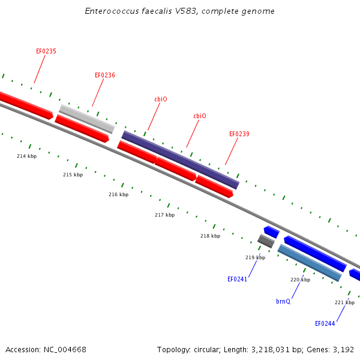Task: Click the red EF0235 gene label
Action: [46, 51]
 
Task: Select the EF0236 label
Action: [105, 76]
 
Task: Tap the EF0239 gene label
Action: [239, 134]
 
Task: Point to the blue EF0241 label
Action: [237, 279]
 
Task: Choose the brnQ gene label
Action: [283, 301]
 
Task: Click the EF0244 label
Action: [325, 324]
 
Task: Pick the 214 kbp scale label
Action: [26, 156]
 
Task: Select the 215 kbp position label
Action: [73, 175]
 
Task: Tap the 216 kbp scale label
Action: [118, 194]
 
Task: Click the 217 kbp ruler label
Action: [164, 215]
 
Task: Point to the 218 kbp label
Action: [211, 236]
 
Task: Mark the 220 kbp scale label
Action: [301, 280]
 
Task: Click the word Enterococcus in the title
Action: [112, 11]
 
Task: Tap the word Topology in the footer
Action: [173, 350]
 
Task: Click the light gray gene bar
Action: [87, 119]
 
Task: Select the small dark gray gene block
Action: [266, 241]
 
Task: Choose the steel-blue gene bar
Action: [310, 263]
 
